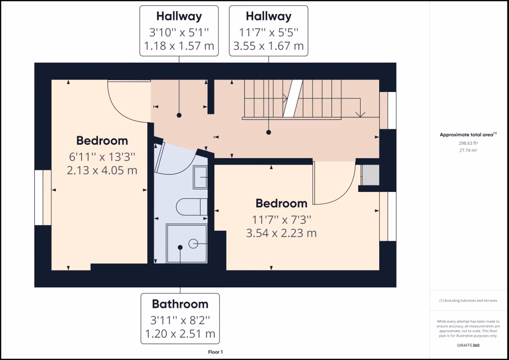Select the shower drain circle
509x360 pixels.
tap(193, 243)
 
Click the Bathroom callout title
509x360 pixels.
tap(180, 304)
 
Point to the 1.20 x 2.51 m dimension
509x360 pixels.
tap(180, 333)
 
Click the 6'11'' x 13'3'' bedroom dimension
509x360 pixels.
tap(102, 157)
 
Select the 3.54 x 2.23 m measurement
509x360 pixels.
tap(281, 233)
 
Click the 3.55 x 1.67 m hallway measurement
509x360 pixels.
tap(269, 46)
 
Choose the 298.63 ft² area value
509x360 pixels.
tap(467, 143)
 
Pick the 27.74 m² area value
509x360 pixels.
tap(467, 149)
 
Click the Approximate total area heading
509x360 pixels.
tap(467, 134)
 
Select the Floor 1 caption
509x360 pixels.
tap(215, 352)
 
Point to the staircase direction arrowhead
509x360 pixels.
tap(360, 114)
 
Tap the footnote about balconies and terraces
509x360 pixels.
tap(467, 300)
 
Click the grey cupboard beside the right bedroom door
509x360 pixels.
tap(369, 174)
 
